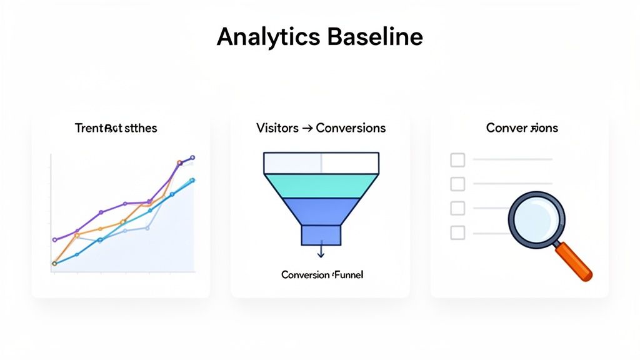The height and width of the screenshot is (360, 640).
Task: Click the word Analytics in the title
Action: (268, 38)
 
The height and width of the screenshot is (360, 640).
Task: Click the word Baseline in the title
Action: (374, 37)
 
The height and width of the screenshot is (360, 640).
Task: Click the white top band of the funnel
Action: (321, 162)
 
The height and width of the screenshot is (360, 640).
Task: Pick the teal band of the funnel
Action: (321, 185)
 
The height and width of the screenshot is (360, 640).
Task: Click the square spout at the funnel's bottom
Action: (321, 235)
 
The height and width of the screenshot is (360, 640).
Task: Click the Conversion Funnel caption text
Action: (321, 275)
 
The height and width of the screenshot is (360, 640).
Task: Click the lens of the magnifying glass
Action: (536, 219)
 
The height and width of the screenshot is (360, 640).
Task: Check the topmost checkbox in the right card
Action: (457, 160)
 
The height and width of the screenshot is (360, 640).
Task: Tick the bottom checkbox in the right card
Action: (457, 232)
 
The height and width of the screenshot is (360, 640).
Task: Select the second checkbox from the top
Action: (457, 184)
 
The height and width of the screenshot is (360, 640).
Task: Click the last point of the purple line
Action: (192, 157)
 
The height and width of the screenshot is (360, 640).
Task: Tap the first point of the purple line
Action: (55, 239)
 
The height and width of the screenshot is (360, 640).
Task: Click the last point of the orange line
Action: (179, 163)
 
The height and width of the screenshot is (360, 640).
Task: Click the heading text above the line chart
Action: (116, 128)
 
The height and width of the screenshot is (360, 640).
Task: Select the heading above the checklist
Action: (522, 128)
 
